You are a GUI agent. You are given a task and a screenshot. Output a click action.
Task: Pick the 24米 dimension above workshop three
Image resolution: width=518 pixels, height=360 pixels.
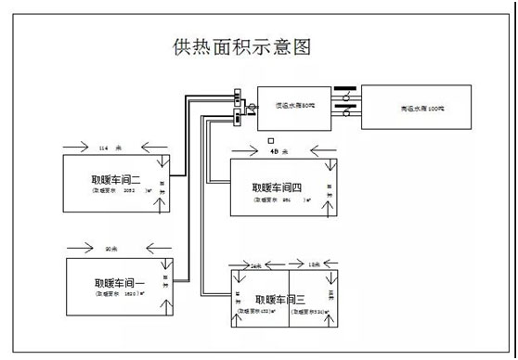click(257, 266)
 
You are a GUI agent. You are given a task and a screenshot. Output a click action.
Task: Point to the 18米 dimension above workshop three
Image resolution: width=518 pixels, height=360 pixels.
click(314, 266)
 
